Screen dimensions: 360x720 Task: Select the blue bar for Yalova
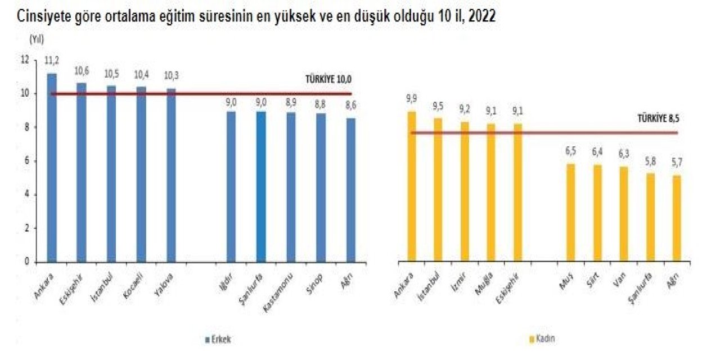coord(171,175)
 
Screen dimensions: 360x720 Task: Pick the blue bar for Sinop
coord(321,188)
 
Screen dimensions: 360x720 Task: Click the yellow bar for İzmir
coord(465,191)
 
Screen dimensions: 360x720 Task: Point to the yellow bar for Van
coord(624,214)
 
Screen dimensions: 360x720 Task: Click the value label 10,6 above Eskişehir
coord(82,71)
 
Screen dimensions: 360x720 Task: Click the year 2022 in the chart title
coord(480,16)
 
